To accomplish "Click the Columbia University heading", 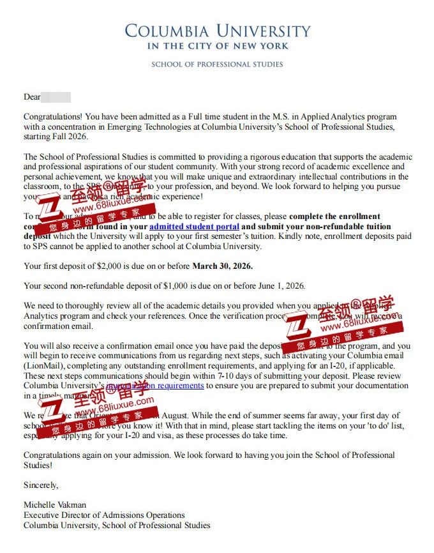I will (x=217, y=30).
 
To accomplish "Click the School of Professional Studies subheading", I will (x=217, y=64).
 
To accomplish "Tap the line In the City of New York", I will (x=217, y=46).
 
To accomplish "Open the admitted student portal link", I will (x=194, y=227).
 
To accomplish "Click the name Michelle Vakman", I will (x=53, y=505).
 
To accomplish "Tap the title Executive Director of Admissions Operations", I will (x=104, y=515).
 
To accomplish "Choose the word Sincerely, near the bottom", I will (x=41, y=485).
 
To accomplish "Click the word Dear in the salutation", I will (x=32, y=97).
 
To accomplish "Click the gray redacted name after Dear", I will (x=56, y=97).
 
